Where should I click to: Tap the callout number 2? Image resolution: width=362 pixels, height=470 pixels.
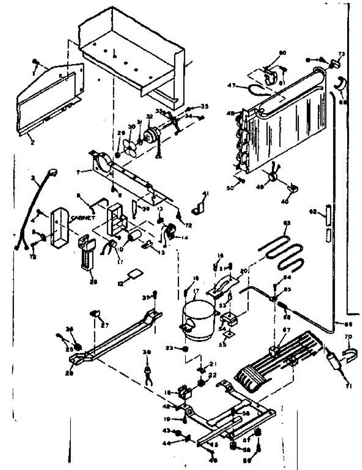[32, 143]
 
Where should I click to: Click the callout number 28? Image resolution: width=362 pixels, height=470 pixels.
[93, 281]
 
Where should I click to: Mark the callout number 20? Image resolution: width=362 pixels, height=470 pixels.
[244, 271]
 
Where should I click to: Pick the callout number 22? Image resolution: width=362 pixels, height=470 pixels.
[213, 375]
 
